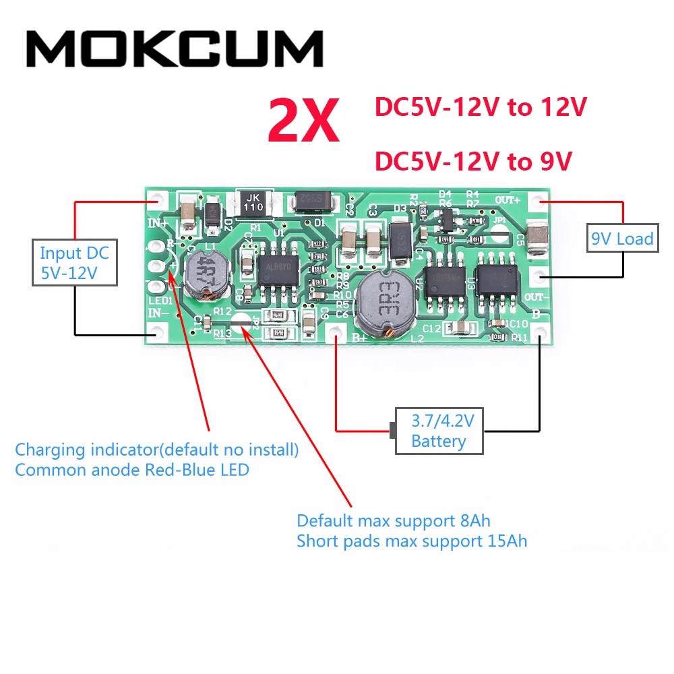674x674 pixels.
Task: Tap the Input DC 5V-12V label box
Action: (x=74, y=264)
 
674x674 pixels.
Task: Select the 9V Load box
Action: (x=622, y=238)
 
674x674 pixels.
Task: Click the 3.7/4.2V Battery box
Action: (x=439, y=432)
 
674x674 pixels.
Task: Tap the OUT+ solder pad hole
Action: (x=537, y=200)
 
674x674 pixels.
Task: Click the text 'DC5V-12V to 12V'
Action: (x=481, y=108)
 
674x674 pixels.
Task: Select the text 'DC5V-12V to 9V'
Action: (x=473, y=161)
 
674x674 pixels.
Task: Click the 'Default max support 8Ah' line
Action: (x=394, y=521)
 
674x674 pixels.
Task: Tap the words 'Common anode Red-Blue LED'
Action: (x=132, y=470)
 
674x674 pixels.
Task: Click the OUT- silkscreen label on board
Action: (x=537, y=297)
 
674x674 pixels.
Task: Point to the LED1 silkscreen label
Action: (x=160, y=300)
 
